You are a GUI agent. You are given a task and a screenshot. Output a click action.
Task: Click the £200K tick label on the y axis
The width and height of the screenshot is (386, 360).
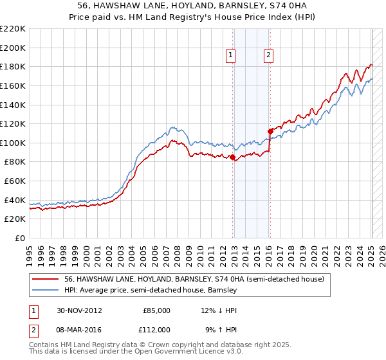click(13, 48)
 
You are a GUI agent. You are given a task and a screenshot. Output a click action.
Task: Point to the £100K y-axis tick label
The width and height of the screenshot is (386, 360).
click(13, 143)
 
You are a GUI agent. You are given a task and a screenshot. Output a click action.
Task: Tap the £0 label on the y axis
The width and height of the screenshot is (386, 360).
click(19, 239)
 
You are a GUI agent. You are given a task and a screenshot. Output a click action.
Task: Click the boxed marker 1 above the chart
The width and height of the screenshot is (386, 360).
click(231, 56)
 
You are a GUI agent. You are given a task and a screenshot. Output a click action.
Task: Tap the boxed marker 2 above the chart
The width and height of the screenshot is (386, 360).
click(268, 56)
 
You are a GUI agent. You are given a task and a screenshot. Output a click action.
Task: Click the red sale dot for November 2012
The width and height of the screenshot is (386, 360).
click(232, 156)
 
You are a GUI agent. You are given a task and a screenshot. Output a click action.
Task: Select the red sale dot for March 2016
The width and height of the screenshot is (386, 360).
click(270, 131)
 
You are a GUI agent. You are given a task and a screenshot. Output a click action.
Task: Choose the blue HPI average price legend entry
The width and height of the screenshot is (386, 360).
click(151, 290)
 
